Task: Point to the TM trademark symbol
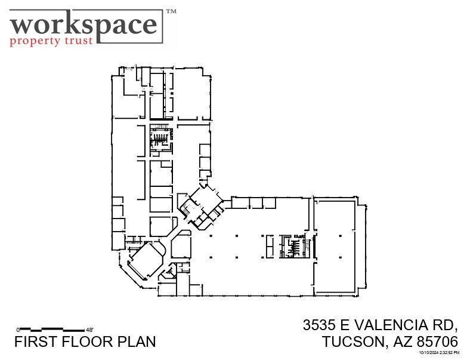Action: coord(171,11)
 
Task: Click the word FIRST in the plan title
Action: coord(33,341)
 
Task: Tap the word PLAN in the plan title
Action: coord(136,341)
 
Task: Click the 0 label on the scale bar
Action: coord(18,329)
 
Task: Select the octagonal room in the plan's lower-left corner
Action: coord(146,260)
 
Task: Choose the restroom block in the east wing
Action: coord(293,246)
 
